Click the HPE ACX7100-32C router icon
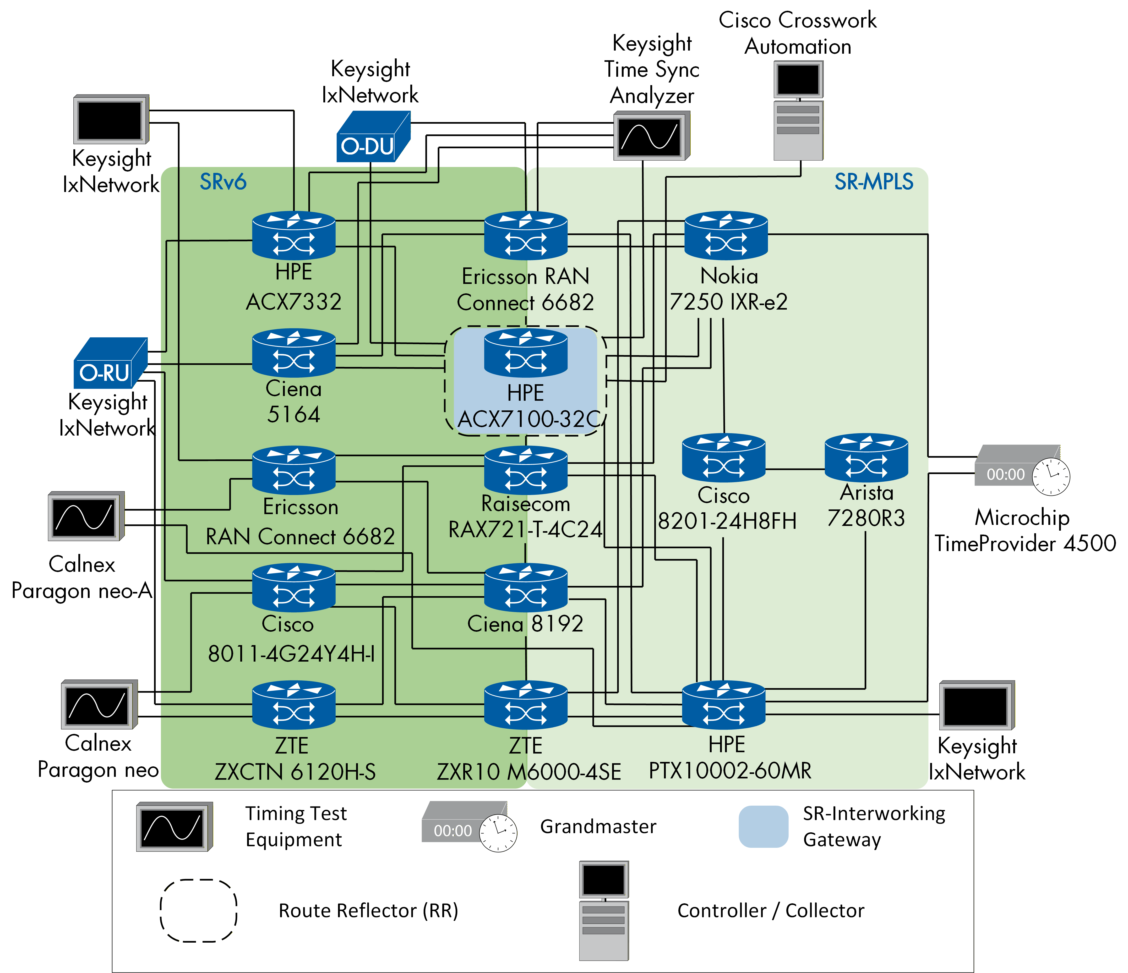coord(525,354)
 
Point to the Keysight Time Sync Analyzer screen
coord(651,136)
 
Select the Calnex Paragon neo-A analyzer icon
coord(86,516)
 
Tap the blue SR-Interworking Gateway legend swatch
coord(763,826)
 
